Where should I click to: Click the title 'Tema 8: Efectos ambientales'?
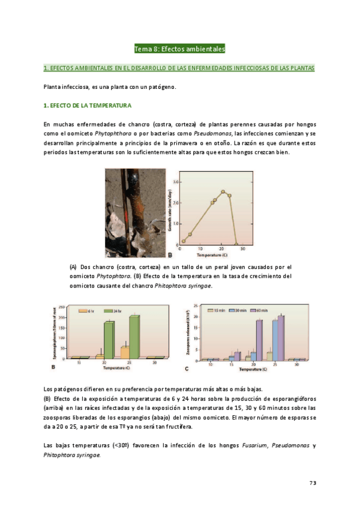pyautogui.click(x=179, y=49)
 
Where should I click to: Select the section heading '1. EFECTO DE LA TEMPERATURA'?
pyautogui.click(x=88, y=106)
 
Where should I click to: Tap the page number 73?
pyautogui.click(x=313, y=483)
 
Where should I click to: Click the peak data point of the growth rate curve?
pyautogui.click(x=223, y=192)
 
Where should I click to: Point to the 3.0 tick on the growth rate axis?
pyautogui.click(x=176, y=181)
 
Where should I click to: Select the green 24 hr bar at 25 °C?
pyautogui.click(x=134, y=337)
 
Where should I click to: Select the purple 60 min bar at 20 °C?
pyautogui.click(x=259, y=340)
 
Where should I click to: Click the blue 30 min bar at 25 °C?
pyautogui.click(x=275, y=340)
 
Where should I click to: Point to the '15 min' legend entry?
pyautogui.click(x=217, y=310)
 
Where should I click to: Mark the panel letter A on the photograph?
pyautogui.click(x=108, y=253)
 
